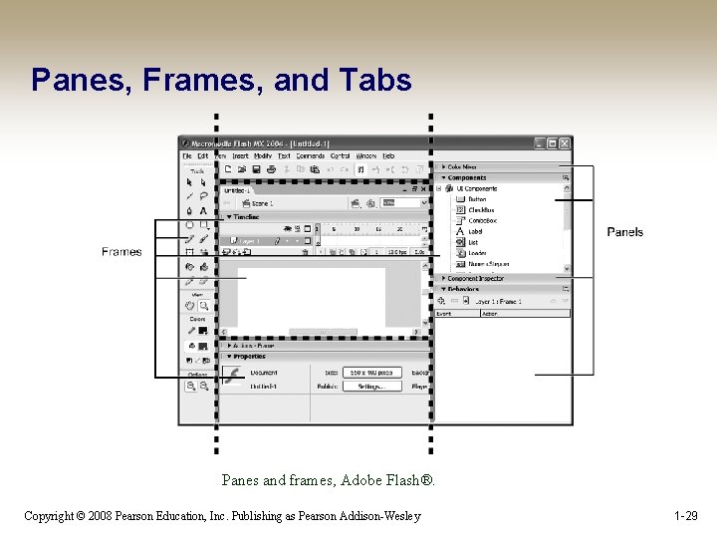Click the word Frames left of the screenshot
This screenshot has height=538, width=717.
click(121, 252)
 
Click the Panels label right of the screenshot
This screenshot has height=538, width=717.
click(624, 232)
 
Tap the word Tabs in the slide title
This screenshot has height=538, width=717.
click(376, 80)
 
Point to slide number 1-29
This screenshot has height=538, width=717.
click(685, 515)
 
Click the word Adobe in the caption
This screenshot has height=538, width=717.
click(364, 480)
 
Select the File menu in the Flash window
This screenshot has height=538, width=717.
click(187, 156)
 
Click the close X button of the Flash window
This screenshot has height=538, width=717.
click(565, 143)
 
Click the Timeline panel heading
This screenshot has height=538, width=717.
click(245, 216)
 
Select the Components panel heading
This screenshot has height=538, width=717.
click(466, 177)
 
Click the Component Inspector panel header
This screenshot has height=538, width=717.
click(475, 278)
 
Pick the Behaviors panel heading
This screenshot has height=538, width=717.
click(463, 289)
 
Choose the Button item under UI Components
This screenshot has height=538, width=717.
click(477, 199)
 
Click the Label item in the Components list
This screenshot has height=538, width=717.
click(475, 231)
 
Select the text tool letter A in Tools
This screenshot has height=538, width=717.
click(203, 211)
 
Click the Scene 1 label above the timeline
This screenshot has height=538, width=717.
click(262, 203)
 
